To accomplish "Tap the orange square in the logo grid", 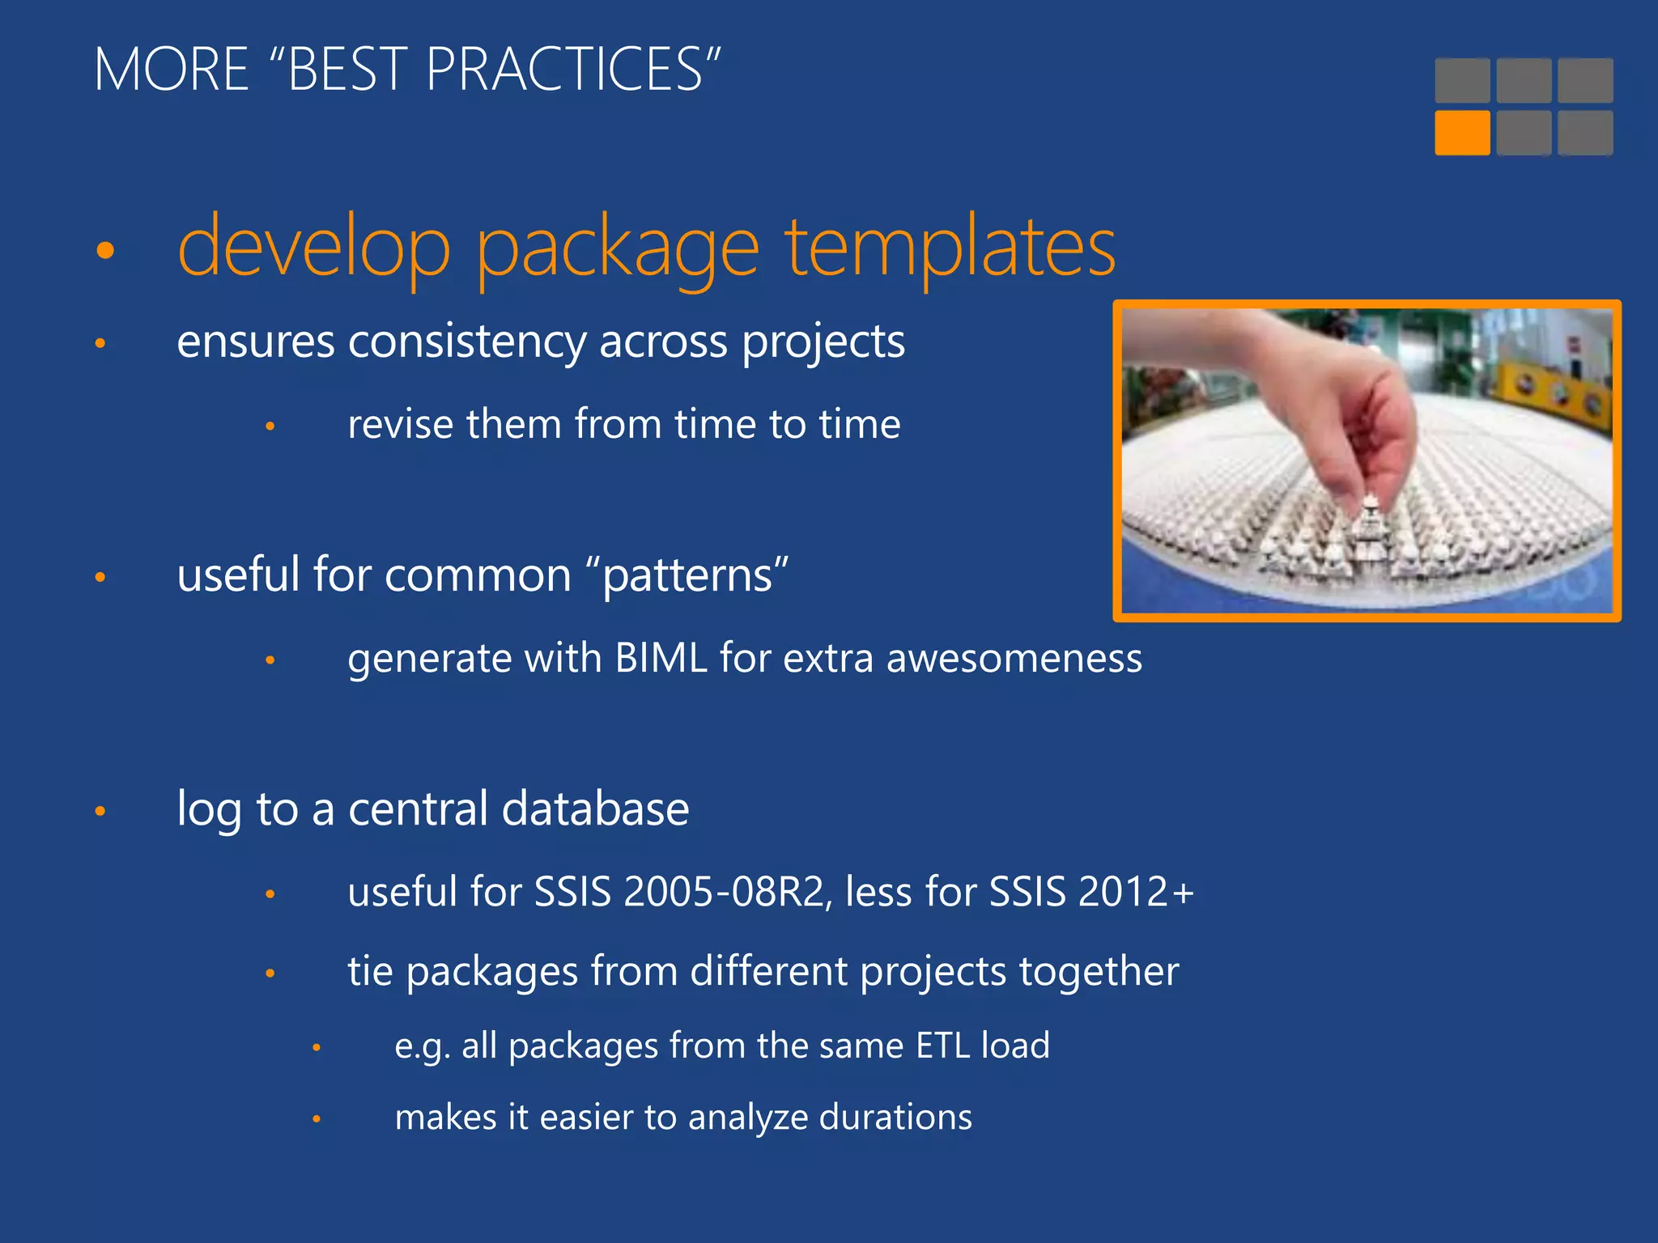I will point(1462,133).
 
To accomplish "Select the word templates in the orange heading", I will point(950,247).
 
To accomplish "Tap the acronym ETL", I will point(942,1046).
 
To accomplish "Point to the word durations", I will point(895,1118).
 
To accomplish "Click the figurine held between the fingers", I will point(1370,518).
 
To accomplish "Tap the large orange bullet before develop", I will point(105,250).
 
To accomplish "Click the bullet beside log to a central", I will point(100,811).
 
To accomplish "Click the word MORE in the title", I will point(171,70).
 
